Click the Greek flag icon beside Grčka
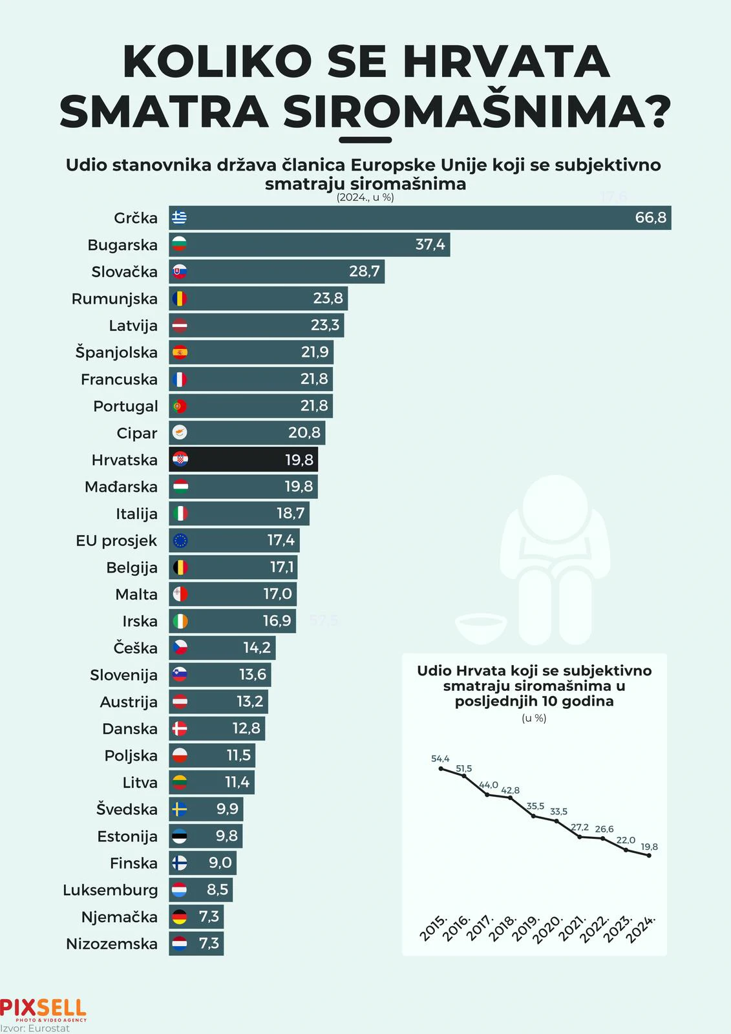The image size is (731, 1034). point(180,218)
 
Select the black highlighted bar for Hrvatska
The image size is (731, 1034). point(243,459)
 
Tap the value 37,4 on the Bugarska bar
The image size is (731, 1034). point(430,245)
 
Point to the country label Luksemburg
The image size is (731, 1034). point(110,890)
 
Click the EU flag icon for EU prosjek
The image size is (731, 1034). point(180,540)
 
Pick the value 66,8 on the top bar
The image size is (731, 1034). point(650,218)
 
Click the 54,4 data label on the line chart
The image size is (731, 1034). point(440,759)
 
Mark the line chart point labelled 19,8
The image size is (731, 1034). point(649,856)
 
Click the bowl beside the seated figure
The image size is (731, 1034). point(480,628)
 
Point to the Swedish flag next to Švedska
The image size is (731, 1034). point(180,809)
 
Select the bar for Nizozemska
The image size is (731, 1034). point(196,944)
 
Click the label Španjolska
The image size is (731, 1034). point(116,352)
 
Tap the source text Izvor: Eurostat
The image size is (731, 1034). point(35,1028)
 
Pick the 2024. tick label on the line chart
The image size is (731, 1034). point(641,929)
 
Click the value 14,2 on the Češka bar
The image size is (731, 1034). point(257,648)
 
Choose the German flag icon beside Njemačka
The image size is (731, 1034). point(180,916)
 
